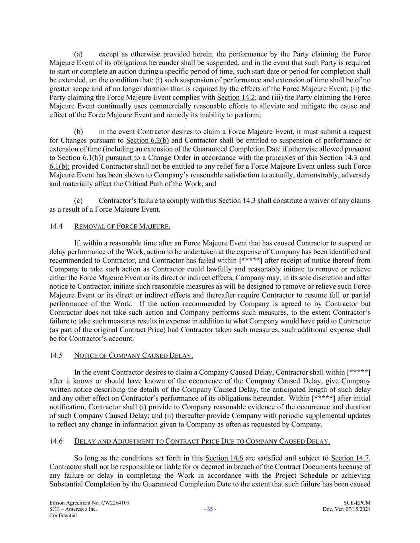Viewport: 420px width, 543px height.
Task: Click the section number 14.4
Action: [x=56, y=226]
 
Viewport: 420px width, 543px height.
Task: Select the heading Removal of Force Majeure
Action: [x=122, y=226]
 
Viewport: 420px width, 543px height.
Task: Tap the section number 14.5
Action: [x=56, y=355]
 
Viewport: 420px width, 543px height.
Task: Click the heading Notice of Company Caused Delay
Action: [x=133, y=355]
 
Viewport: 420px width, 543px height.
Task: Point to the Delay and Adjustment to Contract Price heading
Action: [x=202, y=441]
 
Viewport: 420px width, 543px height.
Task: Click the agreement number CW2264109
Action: [x=113, y=503]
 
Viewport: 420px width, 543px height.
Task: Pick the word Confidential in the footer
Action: [x=63, y=516]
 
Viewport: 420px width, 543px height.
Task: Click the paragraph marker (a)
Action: [x=78, y=54]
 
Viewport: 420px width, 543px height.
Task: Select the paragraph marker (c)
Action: [x=78, y=200]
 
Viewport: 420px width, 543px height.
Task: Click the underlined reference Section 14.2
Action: [x=236, y=97]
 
